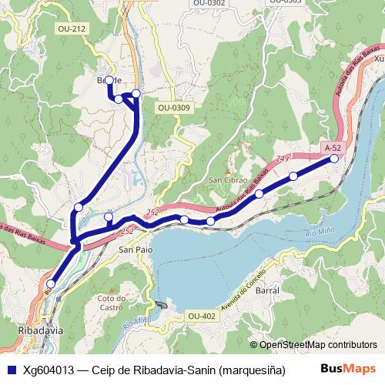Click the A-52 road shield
[333, 147]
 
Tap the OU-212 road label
[70, 29]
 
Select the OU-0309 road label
[173, 108]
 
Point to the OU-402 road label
[201, 316]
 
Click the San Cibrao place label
[227, 181]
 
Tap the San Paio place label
[134, 249]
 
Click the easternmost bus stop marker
[334, 159]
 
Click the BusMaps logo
[349, 370]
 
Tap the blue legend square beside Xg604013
[10, 370]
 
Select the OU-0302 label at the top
[209, 3]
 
